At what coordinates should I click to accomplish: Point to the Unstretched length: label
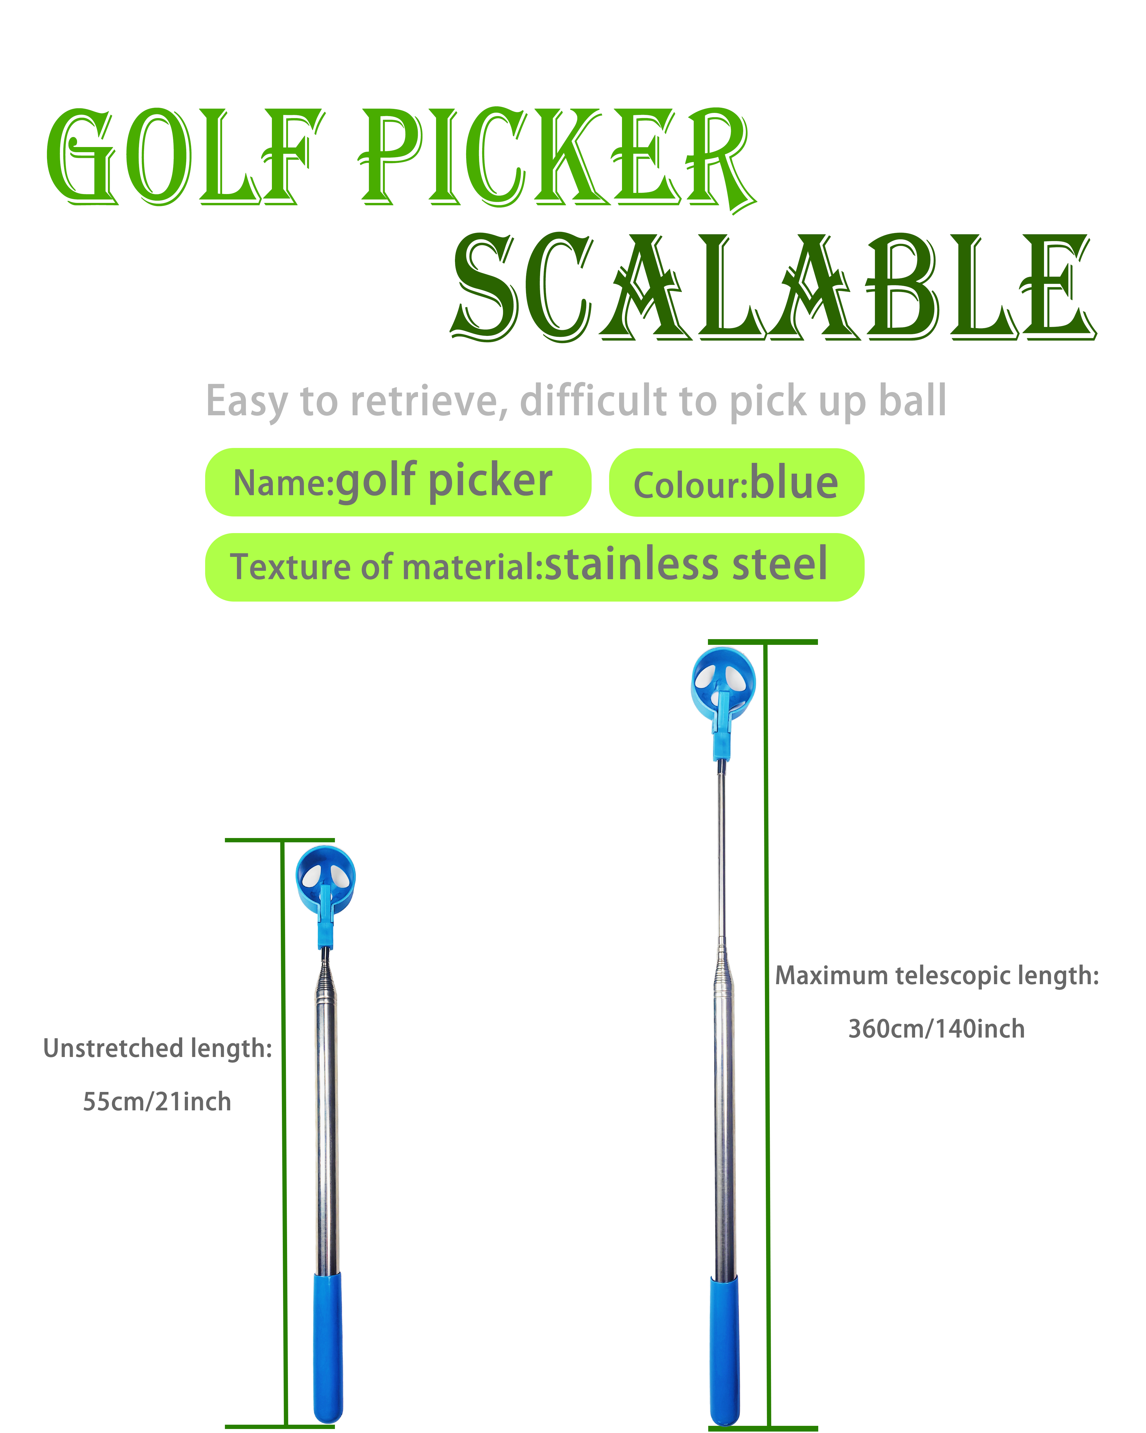[x=158, y=1048]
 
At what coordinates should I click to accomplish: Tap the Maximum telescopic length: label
[x=937, y=976]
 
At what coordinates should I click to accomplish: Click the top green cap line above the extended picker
[x=763, y=642]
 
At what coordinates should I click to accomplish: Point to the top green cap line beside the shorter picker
[x=280, y=840]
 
